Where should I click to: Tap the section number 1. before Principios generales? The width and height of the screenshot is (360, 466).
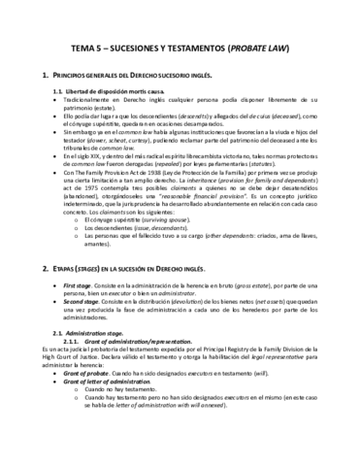(36, 76)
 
